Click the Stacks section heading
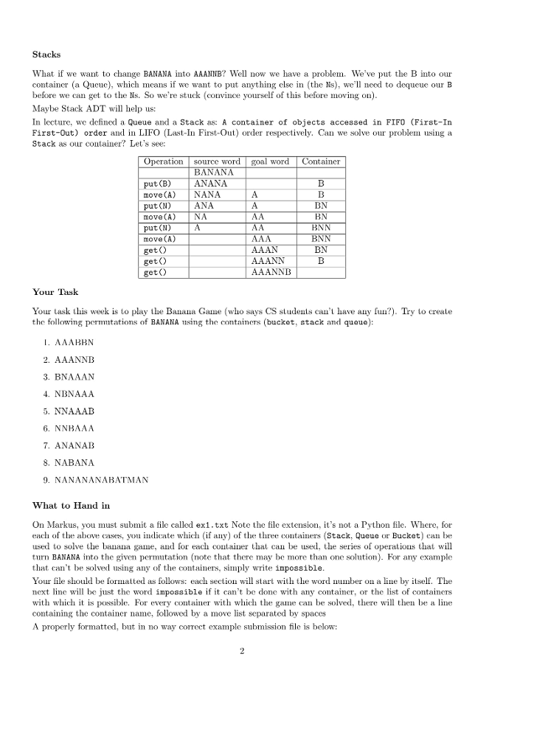46,55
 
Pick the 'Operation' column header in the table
164,161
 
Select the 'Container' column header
321,161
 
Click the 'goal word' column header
270,161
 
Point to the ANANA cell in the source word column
210,184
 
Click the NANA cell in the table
207,195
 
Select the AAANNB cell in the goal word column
272,272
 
